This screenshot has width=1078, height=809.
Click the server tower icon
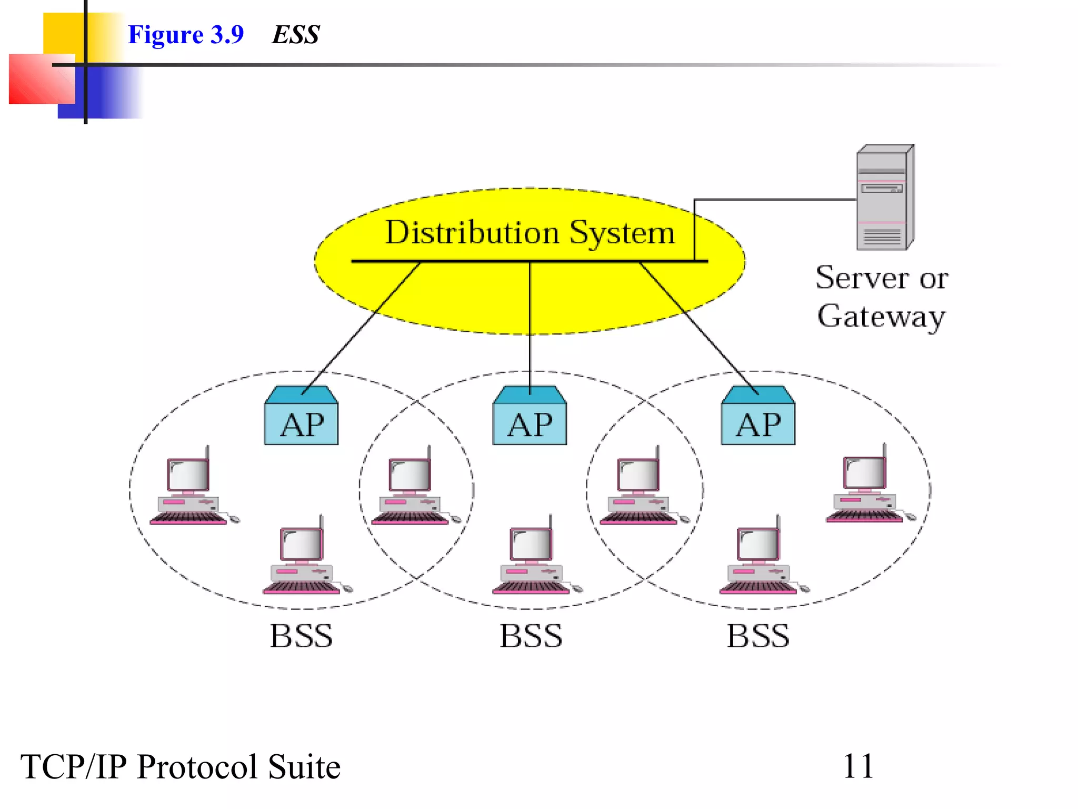[x=884, y=198]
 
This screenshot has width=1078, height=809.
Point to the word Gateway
[x=881, y=317]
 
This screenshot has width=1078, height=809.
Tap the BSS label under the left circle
[x=301, y=636]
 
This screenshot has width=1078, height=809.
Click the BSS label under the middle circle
[x=531, y=636]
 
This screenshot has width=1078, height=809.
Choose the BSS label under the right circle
[x=758, y=636]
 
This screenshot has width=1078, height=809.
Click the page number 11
[x=858, y=766]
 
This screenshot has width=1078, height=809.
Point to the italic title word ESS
[x=296, y=35]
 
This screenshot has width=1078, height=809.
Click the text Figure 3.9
[x=186, y=35]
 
